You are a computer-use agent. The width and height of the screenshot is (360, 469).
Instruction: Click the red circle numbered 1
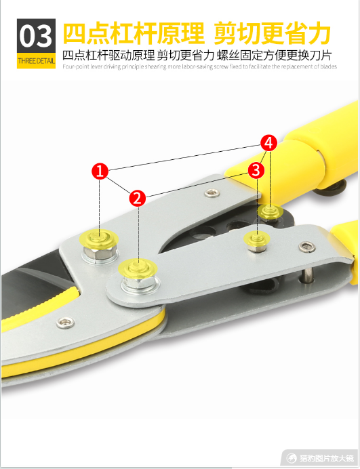100,171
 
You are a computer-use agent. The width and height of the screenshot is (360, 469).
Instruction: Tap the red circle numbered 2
138,198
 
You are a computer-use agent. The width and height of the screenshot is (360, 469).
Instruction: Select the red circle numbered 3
256,171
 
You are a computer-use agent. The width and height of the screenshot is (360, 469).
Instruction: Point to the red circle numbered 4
268,143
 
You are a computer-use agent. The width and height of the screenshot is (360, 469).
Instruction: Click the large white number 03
36,36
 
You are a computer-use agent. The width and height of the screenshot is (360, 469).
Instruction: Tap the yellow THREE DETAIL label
36,61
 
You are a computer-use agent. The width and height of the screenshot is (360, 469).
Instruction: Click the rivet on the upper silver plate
212,193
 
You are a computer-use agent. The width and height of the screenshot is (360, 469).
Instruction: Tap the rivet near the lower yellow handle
307,247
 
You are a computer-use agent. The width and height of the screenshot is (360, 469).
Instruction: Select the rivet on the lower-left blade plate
66,323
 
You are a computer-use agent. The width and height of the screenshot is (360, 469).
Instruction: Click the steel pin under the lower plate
306,274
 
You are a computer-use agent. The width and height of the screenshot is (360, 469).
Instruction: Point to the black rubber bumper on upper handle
331,188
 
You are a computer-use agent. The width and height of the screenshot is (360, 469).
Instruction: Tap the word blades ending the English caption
329,66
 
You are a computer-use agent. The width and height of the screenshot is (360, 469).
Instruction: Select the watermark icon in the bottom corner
291,457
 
